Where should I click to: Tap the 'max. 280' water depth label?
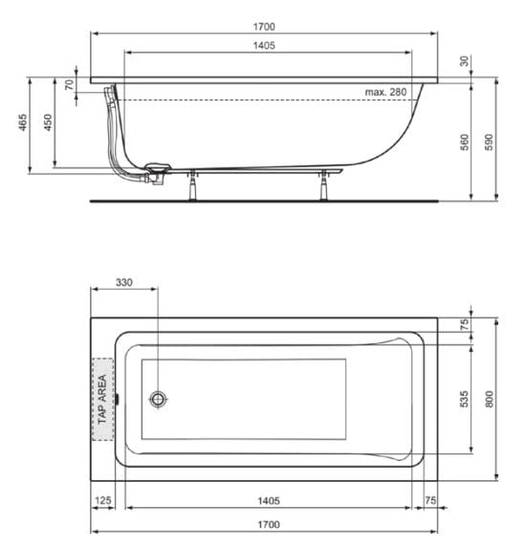pyautogui.click(x=386, y=92)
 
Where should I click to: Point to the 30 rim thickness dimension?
pyautogui.click(x=465, y=61)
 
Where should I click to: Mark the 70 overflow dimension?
pyautogui.click(x=69, y=85)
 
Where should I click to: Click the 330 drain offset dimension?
pyautogui.click(x=123, y=283)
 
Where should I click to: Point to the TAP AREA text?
pyautogui.click(x=102, y=400)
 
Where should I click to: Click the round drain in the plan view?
pyautogui.click(x=157, y=400)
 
